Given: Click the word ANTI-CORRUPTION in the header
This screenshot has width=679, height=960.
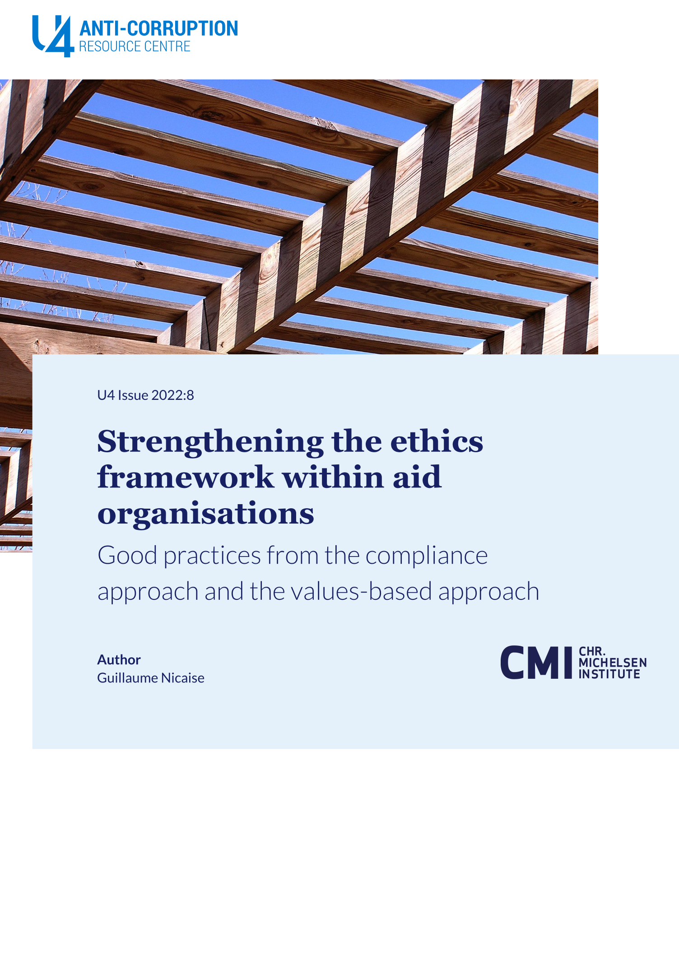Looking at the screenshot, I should click(x=158, y=28).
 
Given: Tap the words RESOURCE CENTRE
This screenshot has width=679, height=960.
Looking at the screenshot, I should click(x=135, y=46).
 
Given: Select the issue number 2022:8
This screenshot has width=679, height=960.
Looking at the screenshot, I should click(x=173, y=395).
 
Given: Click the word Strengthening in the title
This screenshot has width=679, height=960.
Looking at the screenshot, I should click(x=210, y=442).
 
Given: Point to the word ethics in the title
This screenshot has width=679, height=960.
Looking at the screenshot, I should click(x=437, y=441).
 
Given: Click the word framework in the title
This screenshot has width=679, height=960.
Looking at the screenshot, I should click(x=186, y=478).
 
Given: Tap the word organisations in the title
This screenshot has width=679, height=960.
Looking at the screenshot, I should click(x=206, y=514).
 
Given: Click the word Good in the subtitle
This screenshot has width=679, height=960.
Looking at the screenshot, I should click(x=127, y=556).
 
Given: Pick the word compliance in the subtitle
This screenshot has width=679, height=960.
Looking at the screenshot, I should click(x=426, y=556).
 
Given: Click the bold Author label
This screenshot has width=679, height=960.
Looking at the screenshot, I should click(x=119, y=660).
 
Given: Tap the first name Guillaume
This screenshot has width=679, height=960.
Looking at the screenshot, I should click(x=127, y=678).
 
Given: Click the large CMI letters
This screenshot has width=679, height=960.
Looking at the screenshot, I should click(x=536, y=663).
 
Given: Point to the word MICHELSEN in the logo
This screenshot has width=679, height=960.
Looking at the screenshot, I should click(x=613, y=663).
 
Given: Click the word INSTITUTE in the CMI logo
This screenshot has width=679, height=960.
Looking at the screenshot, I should click(x=609, y=674).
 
